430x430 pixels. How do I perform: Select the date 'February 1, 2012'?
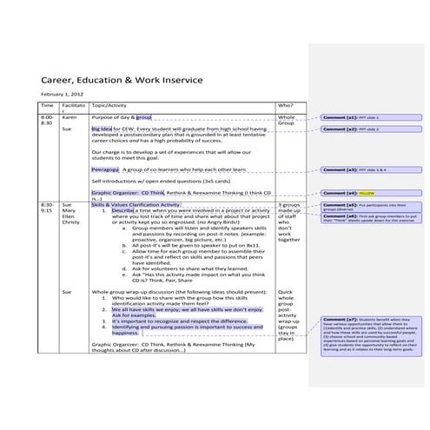point(61,94)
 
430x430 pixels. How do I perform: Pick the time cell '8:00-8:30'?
point(47,119)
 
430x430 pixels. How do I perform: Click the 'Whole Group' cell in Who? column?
point(287,120)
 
